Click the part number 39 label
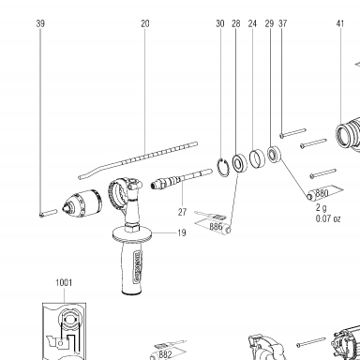coord(40,23)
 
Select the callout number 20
coord(145,23)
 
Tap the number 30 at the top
coord(220,23)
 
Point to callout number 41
coord(340,23)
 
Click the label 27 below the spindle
coord(182,212)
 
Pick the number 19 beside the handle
coord(182,232)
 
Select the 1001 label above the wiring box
coord(64,282)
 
